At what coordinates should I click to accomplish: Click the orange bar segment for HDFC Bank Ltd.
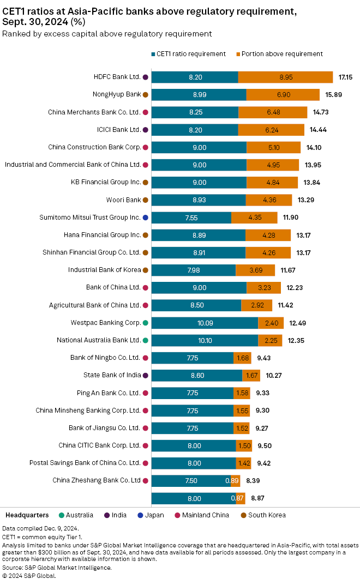click(x=285, y=77)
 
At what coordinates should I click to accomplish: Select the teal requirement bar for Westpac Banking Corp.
click(x=205, y=323)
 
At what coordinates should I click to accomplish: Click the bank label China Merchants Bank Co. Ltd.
click(x=94, y=112)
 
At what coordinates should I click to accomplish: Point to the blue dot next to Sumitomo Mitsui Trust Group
click(x=145, y=218)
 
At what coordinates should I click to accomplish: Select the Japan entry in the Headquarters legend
click(x=151, y=515)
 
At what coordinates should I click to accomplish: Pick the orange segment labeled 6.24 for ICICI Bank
click(x=271, y=130)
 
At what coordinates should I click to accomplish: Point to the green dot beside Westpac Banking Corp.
click(x=145, y=323)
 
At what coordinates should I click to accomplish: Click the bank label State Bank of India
click(x=112, y=375)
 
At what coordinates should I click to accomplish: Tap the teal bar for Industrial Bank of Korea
click(x=194, y=270)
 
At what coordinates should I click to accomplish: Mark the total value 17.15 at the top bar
click(x=346, y=77)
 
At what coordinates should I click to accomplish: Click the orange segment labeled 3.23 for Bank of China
click(x=263, y=288)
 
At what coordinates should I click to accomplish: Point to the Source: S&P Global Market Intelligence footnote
click(x=57, y=568)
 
